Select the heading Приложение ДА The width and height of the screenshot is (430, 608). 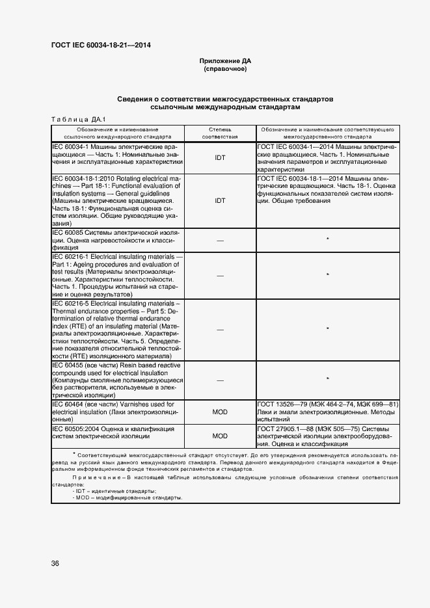[225, 61]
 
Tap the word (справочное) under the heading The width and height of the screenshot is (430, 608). [225, 68]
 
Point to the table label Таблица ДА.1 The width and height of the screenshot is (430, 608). [77, 119]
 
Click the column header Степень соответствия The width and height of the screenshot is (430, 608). [220, 133]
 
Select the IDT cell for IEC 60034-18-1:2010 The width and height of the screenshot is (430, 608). [220, 200]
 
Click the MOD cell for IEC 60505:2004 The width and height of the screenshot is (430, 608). [220, 436]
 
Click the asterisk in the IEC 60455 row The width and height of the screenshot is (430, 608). [327, 378]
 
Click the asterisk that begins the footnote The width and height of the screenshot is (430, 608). [75, 453]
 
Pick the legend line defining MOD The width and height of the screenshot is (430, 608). [128, 497]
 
